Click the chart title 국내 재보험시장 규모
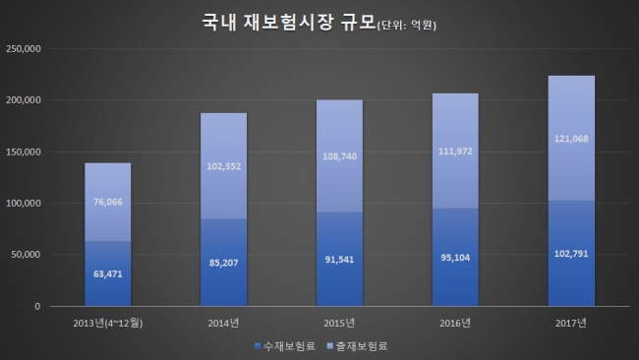click(x=288, y=22)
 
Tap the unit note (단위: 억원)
click(x=407, y=26)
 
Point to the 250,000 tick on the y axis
click(x=24, y=49)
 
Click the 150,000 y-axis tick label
click(x=24, y=152)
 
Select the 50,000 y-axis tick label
click(x=26, y=255)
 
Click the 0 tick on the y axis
click(x=37, y=306)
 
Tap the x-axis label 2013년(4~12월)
click(x=108, y=324)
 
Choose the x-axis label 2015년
click(x=339, y=324)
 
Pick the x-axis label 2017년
click(x=571, y=324)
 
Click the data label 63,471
click(x=108, y=274)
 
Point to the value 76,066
click(x=108, y=202)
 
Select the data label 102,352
click(x=224, y=166)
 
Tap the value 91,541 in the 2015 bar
click(x=339, y=260)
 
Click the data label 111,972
click(x=455, y=151)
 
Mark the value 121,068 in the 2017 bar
click(x=571, y=139)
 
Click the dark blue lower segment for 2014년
click(x=224, y=263)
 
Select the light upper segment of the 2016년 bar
click(x=455, y=150)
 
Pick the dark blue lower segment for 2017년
click(x=571, y=253)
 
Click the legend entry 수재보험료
click(x=285, y=346)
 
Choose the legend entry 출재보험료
click(x=358, y=346)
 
